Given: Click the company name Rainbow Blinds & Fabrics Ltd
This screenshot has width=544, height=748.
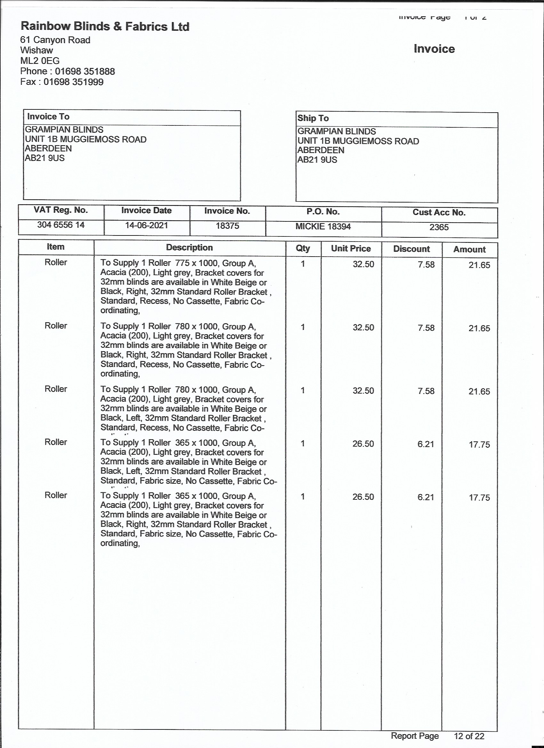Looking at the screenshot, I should [x=105, y=26].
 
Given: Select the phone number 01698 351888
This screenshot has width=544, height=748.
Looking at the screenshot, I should [x=85, y=71].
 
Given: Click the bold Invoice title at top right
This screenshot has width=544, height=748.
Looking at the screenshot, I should [x=434, y=49].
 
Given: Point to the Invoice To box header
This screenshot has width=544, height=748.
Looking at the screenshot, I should [x=48, y=116].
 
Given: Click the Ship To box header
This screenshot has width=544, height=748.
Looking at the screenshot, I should [x=313, y=118].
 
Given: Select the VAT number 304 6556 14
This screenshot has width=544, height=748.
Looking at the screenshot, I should [x=61, y=225].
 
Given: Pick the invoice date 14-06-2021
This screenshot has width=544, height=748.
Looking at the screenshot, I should [x=147, y=225].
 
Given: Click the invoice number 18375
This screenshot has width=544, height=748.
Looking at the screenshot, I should [x=227, y=226].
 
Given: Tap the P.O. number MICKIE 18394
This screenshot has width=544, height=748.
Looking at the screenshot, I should [x=323, y=226].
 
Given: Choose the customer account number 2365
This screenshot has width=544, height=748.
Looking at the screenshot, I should [x=439, y=227].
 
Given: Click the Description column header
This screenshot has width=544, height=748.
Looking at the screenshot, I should [x=189, y=247].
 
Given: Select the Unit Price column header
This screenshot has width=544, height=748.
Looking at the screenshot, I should [x=351, y=248].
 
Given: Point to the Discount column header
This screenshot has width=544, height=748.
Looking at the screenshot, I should [x=412, y=249].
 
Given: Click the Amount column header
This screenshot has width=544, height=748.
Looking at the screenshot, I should [x=469, y=249].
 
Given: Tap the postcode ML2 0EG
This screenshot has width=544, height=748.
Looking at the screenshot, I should [x=40, y=61].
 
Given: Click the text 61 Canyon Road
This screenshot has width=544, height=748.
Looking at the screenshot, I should [x=55, y=40].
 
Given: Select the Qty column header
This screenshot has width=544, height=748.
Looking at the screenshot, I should [x=303, y=248].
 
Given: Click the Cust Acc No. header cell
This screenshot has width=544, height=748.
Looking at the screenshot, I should [x=439, y=212].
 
